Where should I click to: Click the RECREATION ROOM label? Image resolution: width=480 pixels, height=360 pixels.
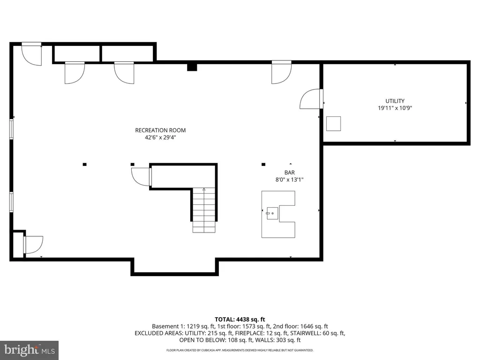(x=160, y=130)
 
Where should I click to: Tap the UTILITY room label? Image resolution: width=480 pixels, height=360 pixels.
(x=395, y=101)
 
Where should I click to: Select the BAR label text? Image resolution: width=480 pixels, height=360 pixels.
(x=290, y=172)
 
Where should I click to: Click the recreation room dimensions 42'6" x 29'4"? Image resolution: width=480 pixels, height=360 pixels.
(x=160, y=137)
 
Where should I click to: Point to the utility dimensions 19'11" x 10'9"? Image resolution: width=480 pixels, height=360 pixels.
(x=395, y=108)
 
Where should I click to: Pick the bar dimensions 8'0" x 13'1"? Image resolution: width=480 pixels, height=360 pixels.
(x=289, y=180)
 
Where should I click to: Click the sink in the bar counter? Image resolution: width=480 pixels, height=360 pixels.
(x=272, y=213)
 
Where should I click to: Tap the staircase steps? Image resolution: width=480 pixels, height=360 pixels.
(x=204, y=210)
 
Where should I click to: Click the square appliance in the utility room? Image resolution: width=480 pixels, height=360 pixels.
(x=333, y=124)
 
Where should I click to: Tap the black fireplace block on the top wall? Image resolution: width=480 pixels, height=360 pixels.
(x=192, y=67)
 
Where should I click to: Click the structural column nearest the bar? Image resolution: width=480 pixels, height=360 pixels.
(x=263, y=165)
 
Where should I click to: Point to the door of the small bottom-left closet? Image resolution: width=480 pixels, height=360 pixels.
(x=33, y=245)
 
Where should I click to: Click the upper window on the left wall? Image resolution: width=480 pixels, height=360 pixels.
(x=11, y=129)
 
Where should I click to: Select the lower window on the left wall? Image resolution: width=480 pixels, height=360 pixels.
(x=11, y=202)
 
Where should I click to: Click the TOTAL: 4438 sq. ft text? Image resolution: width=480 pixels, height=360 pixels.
(x=240, y=320)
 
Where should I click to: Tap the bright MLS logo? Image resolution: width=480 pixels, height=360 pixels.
(x=30, y=350)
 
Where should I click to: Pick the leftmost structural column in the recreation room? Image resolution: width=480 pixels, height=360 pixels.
(x=84, y=165)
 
